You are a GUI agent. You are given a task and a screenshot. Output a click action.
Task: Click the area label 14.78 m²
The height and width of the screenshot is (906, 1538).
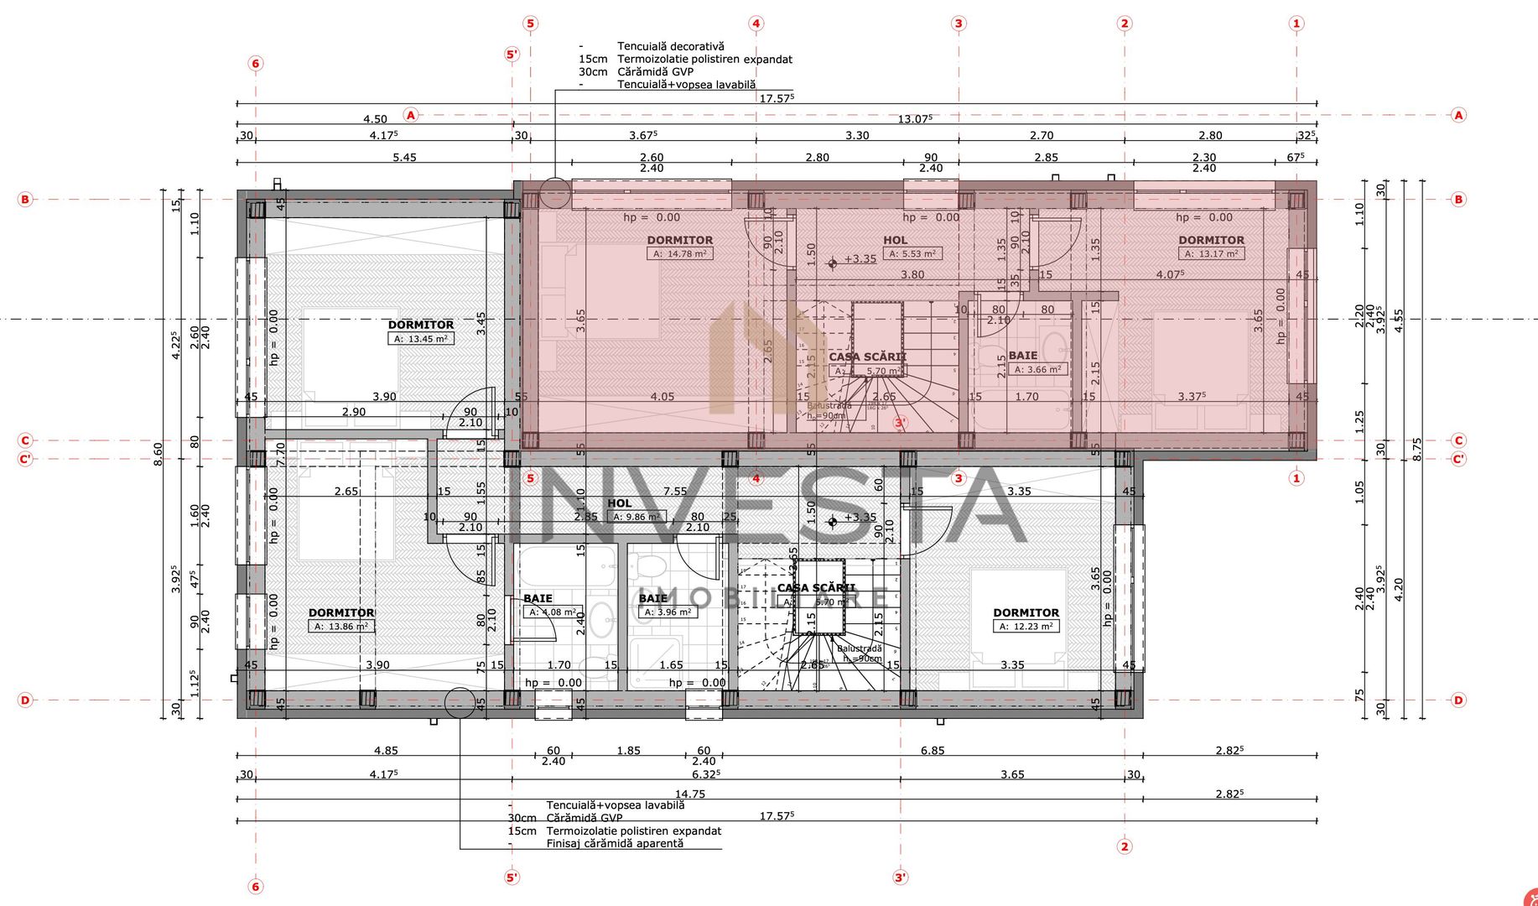coord(679,253)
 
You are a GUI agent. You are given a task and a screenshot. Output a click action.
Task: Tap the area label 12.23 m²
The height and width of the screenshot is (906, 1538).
coord(1026,627)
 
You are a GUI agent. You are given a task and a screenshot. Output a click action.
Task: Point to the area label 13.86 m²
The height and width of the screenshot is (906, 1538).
coord(340,627)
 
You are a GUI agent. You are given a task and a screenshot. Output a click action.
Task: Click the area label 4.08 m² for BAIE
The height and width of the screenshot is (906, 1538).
coord(553,612)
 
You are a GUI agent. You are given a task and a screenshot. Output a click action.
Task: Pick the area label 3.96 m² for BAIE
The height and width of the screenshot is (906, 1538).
coord(668,612)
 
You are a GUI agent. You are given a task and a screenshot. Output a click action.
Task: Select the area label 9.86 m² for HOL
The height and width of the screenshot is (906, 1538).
coord(636,517)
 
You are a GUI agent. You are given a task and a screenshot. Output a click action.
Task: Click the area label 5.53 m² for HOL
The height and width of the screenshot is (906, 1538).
coord(912,253)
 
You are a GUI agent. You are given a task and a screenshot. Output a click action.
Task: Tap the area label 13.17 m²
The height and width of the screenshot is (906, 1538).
coord(1211,253)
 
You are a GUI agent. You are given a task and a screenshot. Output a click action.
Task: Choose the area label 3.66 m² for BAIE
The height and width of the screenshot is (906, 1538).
coord(1038,369)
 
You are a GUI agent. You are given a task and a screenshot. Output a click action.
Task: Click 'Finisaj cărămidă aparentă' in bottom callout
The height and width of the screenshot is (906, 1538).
coord(615,843)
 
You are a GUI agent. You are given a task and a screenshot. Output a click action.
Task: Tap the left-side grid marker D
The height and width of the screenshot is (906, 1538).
coord(25,700)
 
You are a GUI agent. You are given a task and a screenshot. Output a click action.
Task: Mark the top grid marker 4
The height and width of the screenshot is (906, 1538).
coord(756,23)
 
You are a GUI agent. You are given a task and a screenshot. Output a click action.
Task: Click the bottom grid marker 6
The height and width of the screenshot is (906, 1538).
coord(256,886)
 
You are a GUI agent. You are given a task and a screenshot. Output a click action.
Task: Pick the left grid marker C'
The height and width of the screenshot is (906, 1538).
coord(25,460)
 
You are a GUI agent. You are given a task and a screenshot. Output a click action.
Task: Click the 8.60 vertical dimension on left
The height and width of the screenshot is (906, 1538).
coord(158,451)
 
